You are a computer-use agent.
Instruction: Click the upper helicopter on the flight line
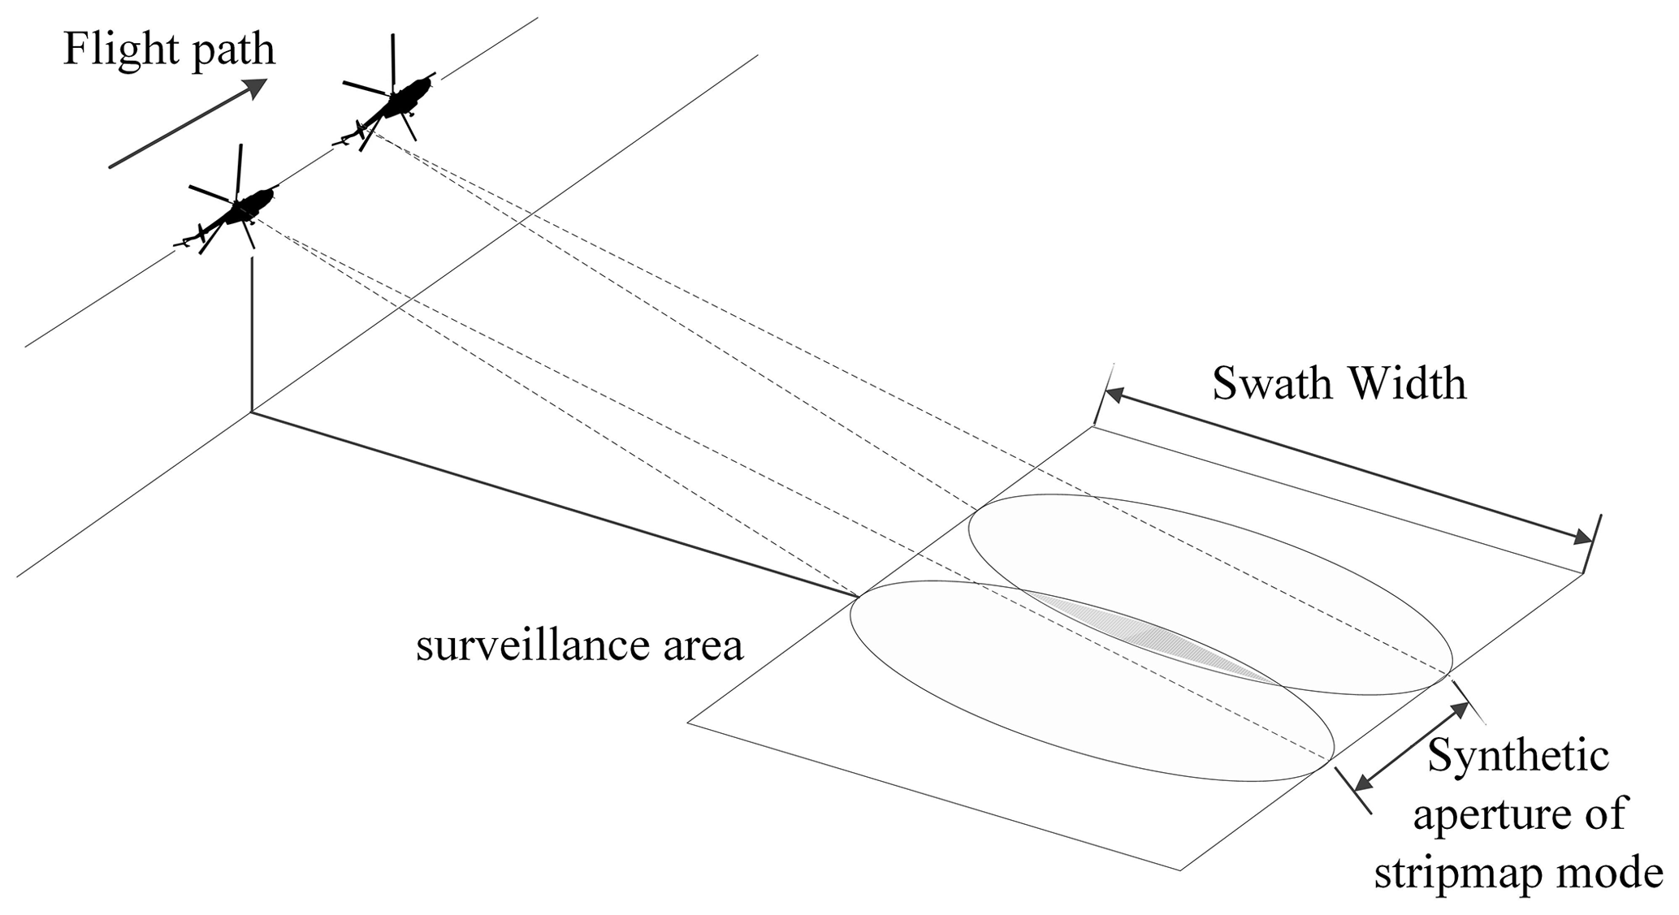point(400,104)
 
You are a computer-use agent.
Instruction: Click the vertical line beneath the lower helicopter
point(253,333)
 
